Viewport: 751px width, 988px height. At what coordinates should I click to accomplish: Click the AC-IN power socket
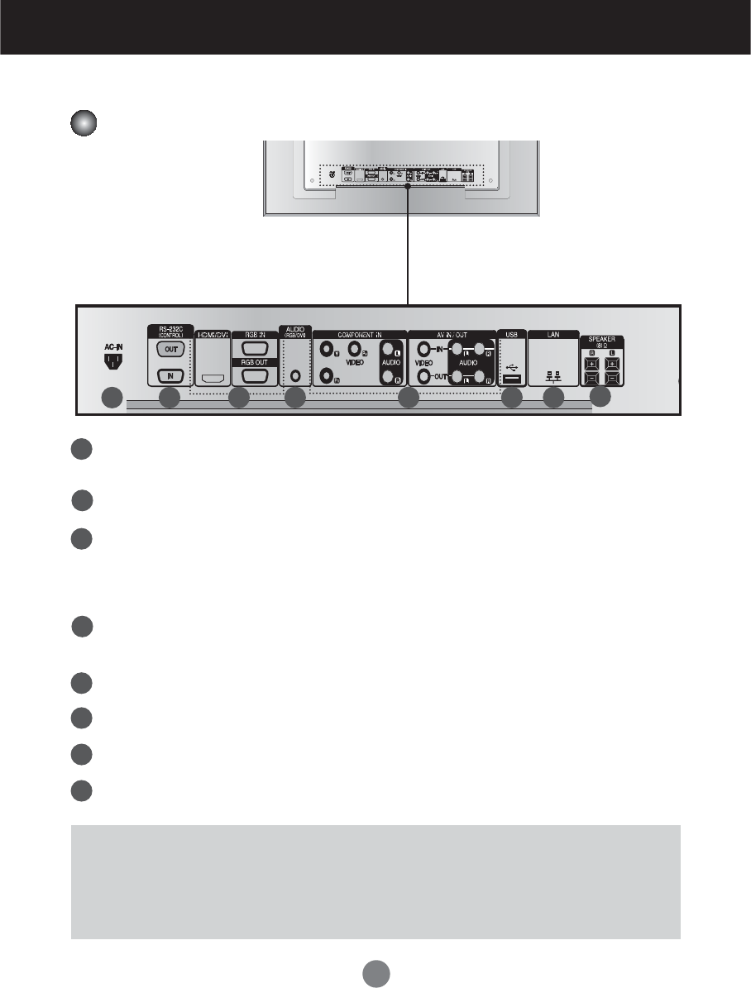110,363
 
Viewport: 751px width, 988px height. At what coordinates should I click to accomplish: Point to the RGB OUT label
251,360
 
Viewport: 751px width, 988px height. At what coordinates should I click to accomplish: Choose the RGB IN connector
251,348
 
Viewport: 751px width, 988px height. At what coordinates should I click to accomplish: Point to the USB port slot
510,379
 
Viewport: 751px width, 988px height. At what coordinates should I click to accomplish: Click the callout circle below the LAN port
552,398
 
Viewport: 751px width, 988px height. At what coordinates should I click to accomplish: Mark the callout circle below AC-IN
111,398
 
